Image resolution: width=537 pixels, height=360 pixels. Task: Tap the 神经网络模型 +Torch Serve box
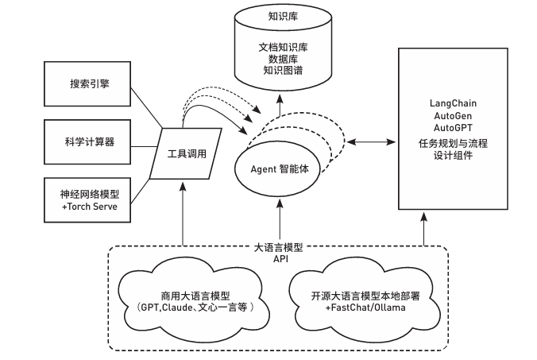pyautogui.click(x=87, y=199)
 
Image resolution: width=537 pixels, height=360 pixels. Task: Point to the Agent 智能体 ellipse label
pyautogui.click(x=278, y=169)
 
